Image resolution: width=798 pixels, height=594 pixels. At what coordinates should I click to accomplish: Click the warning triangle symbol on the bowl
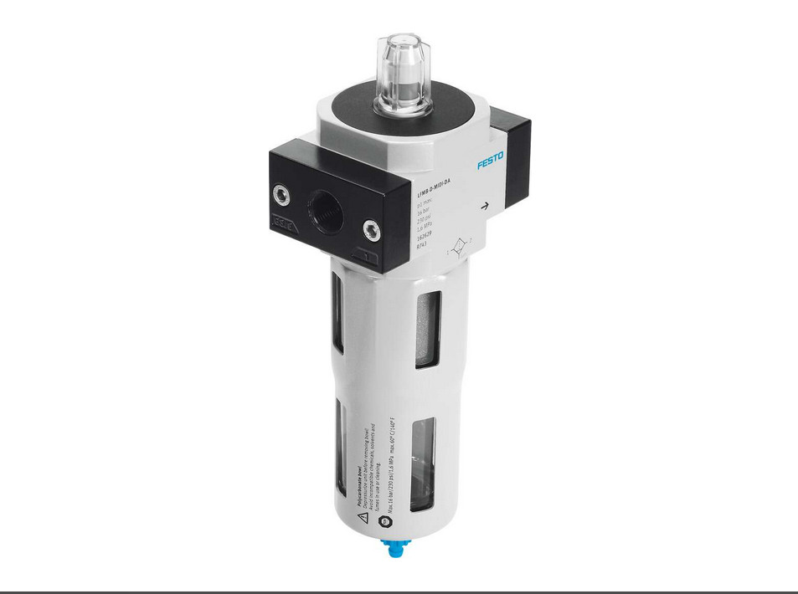coord(363,518)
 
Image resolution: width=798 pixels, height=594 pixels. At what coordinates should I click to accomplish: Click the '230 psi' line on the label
coord(425,221)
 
